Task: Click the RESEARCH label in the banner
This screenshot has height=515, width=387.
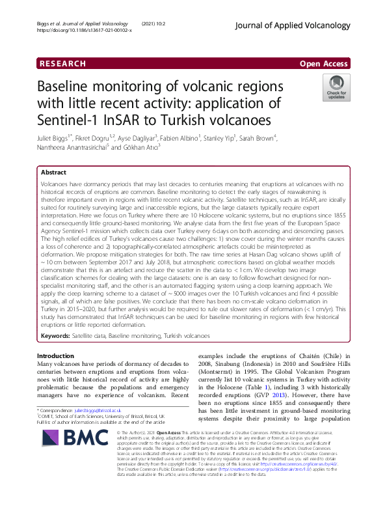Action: [62, 63]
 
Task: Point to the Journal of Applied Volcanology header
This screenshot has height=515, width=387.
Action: [304, 25]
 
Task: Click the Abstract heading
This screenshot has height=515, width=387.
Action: [54, 173]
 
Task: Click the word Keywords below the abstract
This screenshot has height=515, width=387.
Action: [56, 335]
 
